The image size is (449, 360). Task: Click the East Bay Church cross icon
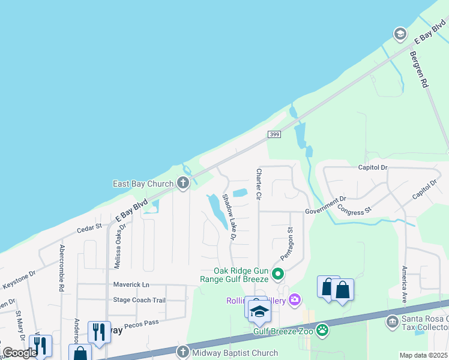click(x=184, y=184)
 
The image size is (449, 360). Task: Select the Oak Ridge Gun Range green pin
click(x=277, y=275)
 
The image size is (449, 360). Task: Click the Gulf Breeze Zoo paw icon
click(x=323, y=329)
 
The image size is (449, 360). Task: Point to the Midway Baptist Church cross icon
click(x=182, y=352)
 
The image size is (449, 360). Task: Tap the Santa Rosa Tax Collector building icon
click(x=392, y=322)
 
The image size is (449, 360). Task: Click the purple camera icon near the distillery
click(x=294, y=299)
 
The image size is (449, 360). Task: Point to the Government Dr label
click(x=325, y=205)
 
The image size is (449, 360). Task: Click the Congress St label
click(x=355, y=209)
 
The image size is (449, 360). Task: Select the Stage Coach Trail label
click(x=139, y=300)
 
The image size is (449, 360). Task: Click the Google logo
click(x=20, y=353)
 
